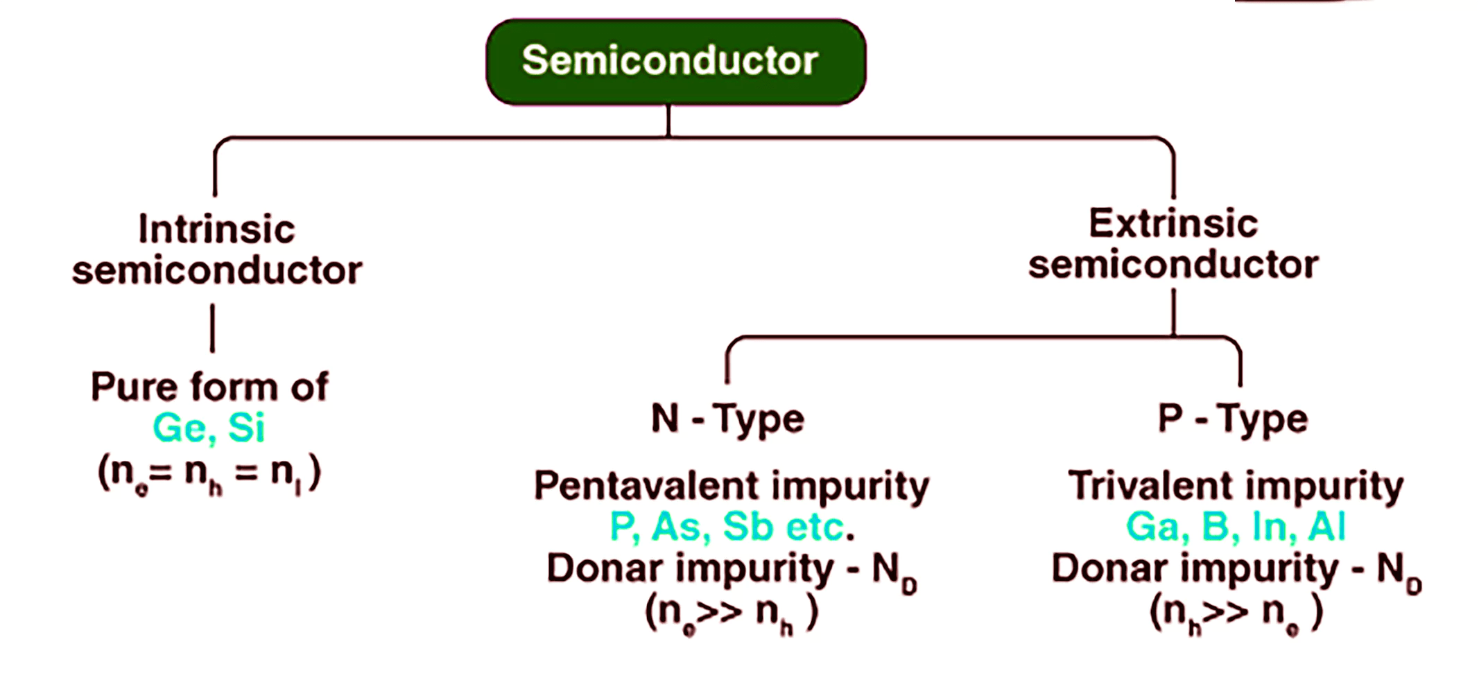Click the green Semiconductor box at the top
(675, 62)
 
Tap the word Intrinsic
(216, 229)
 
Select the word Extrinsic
(1173, 224)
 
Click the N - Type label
(727, 419)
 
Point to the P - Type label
(1233, 419)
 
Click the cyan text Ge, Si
(209, 428)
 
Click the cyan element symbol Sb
(747, 527)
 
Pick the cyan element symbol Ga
(1152, 527)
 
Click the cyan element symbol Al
(1326, 527)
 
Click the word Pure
(132, 387)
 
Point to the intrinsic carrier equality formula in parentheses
(209, 473)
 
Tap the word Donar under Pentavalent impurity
(605, 569)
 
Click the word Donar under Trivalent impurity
(1109, 569)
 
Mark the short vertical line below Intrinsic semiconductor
(212, 328)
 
